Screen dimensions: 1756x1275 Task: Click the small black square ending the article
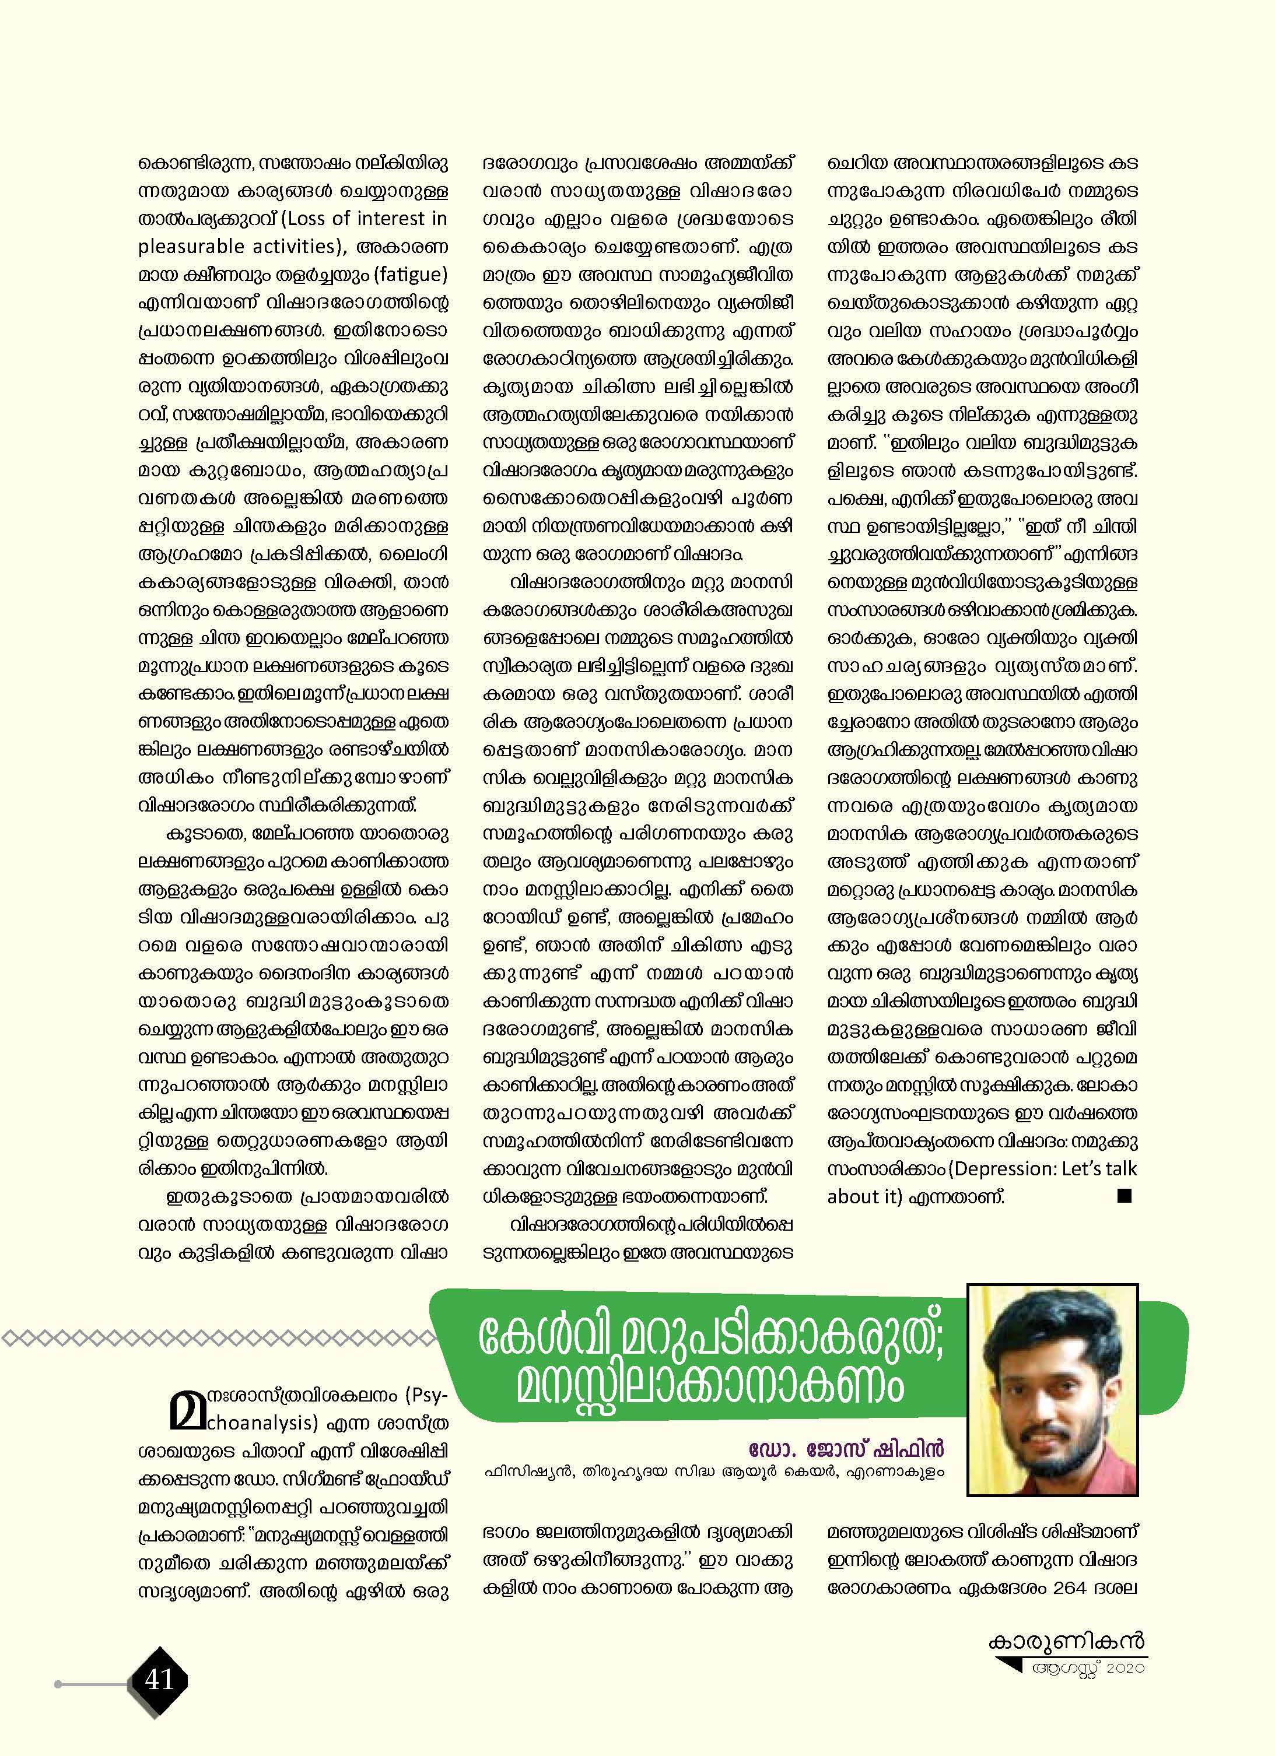(1125, 1196)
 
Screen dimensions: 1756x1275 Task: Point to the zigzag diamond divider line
(217, 1338)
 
